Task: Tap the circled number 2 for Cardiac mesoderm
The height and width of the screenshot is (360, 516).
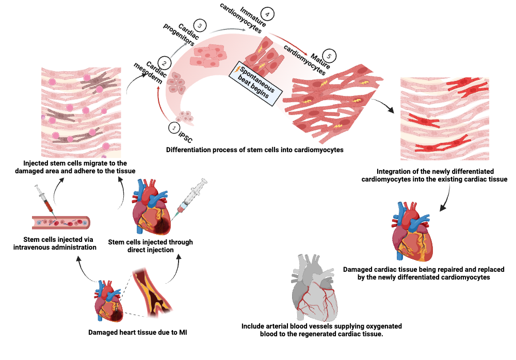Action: [x=164, y=63]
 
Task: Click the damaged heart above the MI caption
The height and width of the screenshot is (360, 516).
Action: [x=109, y=302]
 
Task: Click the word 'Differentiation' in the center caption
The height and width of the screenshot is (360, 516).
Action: [x=189, y=150]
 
